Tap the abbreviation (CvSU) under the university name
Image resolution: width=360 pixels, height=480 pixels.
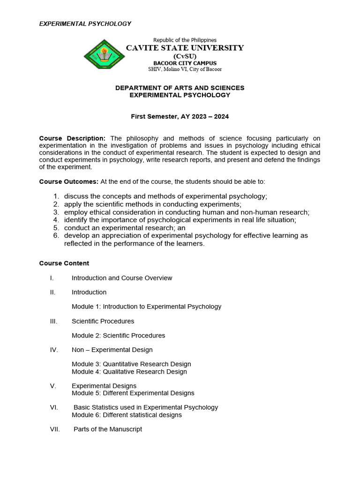tap(185, 56)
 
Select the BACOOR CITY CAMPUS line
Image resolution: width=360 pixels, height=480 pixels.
tap(185, 63)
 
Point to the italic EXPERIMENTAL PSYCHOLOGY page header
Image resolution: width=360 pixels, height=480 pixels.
tap(85, 23)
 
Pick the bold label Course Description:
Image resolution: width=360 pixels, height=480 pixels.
tap(72, 138)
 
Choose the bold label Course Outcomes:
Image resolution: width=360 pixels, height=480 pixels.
tap(68, 181)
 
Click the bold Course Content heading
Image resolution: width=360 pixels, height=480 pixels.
tap(64, 263)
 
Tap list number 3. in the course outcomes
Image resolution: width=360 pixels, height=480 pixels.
tap(56, 212)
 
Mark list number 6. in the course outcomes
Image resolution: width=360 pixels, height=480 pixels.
tap(56, 235)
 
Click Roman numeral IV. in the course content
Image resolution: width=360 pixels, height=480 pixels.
tap(54, 350)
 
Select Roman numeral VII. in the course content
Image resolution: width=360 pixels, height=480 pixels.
tap(55, 429)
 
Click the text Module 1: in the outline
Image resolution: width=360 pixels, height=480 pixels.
tap(86, 307)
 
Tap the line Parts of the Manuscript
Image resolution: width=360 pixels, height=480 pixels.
tap(108, 429)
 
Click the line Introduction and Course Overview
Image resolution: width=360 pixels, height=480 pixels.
tap(122, 278)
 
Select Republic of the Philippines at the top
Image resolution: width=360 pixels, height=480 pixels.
tap(185, 40)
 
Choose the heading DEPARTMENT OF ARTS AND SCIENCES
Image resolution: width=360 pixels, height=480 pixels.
tap(180, 88)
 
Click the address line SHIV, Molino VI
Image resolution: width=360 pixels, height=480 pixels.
tap(185, 69)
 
